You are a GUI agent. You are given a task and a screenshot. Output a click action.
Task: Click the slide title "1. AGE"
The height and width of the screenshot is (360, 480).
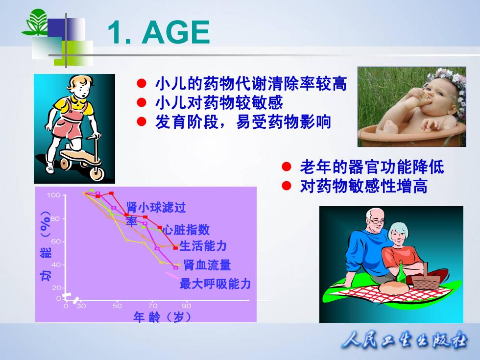click(159, 32)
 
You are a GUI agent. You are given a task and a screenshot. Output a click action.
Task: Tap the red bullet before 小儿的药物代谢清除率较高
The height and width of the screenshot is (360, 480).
click(142, 83)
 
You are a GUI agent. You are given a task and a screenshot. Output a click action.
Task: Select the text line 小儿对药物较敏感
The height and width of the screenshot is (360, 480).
click(219, 102)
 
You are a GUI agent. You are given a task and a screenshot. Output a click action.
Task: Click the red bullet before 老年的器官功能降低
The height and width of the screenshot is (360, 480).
click(287, 167)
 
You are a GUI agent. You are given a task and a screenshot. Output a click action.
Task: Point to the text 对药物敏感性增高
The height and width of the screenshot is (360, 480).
click(363, 186)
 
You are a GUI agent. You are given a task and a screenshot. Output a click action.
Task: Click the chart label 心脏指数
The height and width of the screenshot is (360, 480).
click(186, 230)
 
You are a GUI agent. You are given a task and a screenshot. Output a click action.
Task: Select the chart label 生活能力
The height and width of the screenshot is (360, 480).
click(203, 246)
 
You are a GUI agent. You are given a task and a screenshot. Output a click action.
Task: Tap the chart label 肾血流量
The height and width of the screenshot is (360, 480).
click(207, 265)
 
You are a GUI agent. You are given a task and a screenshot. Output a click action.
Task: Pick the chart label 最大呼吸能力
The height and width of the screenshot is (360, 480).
click(215, 284)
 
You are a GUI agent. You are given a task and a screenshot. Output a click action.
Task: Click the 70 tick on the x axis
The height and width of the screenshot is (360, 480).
click(153, 306)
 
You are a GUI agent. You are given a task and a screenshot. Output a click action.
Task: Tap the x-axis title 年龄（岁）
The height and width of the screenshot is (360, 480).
click(162, 317)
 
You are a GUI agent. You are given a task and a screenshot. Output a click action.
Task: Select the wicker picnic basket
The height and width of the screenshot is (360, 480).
click(426, 277)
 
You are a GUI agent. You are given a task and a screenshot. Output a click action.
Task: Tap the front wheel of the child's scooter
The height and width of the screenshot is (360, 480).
click(97, 173)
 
